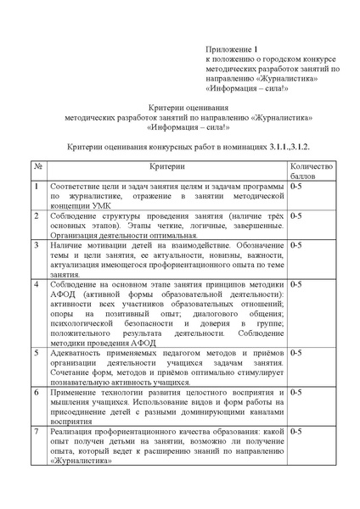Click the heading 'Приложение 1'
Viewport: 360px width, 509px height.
pos(230,51)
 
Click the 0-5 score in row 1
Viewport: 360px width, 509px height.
pos(297,185)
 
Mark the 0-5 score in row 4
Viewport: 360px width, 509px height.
pos(297,284)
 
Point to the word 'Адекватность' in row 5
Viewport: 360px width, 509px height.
pos(79,350)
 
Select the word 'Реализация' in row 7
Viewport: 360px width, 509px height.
pos(75,431)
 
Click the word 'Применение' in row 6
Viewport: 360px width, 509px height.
pos(77,391)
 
